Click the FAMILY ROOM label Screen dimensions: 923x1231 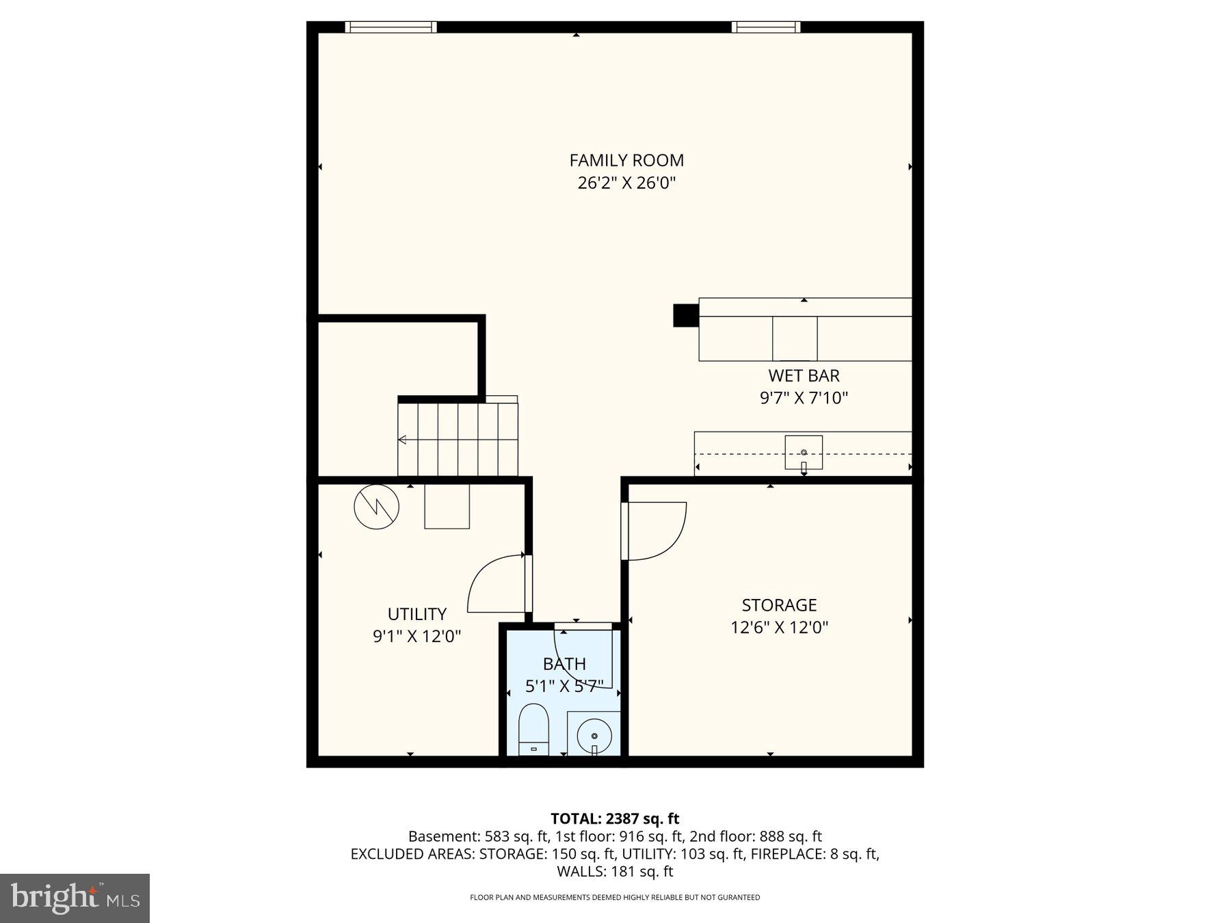pos(626,160)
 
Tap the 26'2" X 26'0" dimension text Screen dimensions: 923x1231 pos(626,183)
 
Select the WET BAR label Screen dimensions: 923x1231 pos(804,375)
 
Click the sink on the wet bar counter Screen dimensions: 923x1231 pos(804,453)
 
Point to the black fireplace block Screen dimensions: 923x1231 pos(685,315)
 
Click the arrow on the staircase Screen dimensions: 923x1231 pos(403,440)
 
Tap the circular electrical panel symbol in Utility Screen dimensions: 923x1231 pos(376,507)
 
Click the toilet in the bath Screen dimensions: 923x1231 pos(534,729)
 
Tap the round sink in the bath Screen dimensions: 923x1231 pos(594,736)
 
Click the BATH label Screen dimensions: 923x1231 pos(564,664)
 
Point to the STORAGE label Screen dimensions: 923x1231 pos(779,605)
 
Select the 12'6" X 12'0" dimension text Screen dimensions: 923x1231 pos(779,628)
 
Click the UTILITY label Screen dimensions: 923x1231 pos(416,614)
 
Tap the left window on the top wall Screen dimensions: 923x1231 pos(391,27)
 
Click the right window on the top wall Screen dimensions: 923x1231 pos(765,27)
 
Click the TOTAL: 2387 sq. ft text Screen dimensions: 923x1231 pos(615,818)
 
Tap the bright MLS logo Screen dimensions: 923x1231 pos(75,898)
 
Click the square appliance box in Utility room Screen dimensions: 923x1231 pos(447,506)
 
